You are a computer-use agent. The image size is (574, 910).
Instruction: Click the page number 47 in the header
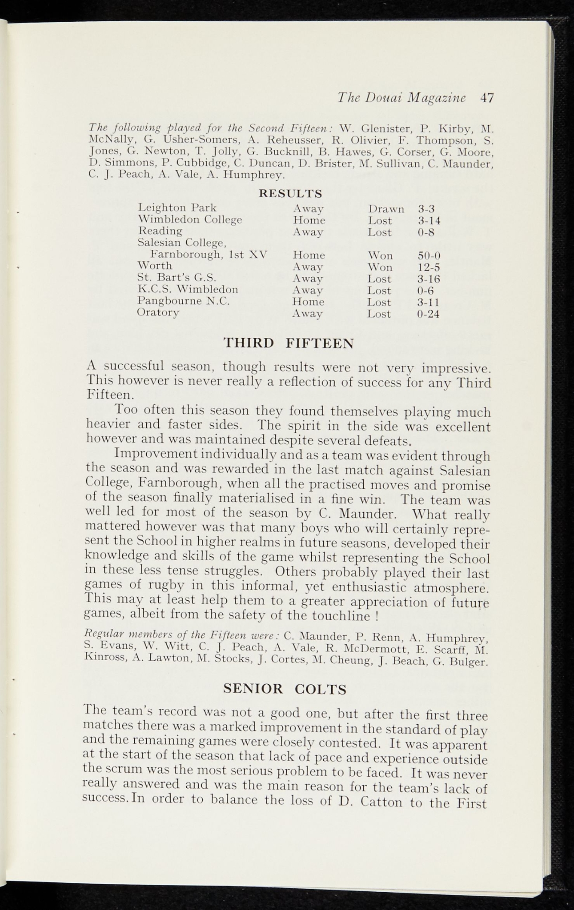(x=487, y=98)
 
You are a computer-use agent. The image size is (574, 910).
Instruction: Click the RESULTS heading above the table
(x=290, y=194)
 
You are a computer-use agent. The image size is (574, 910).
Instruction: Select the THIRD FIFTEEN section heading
(x=289, y=343)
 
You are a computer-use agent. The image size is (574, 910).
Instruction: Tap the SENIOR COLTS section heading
(x=285, y=689)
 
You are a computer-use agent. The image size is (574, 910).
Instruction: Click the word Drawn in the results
(x=386, y=209)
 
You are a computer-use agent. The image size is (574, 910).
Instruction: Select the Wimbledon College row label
(x=190, y=220)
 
